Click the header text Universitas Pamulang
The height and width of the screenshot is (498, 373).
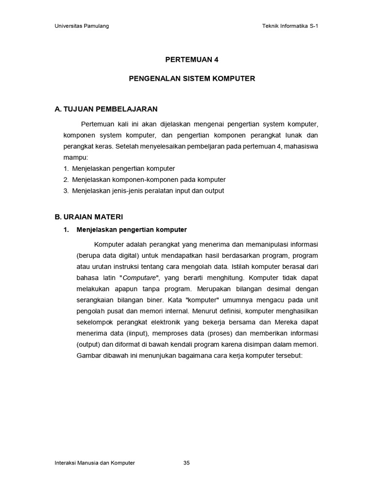[x=81, y=26]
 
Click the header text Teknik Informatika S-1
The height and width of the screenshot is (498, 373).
[x=290, y=26]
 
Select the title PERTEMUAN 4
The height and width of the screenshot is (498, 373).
[x=192, y=60]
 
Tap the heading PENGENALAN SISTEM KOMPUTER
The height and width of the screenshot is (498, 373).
[x=192, y=78]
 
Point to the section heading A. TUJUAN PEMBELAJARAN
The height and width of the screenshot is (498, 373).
[x=106, y=109]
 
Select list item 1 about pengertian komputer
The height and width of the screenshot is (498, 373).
[x=119, y=169]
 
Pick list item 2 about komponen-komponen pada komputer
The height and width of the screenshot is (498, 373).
[x=144, y=180]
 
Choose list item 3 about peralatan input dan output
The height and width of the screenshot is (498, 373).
[x=143, y=191]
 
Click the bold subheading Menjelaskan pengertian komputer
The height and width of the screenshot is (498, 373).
[x=132, y=230]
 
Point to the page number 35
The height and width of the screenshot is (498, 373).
[x=186, y=463]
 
